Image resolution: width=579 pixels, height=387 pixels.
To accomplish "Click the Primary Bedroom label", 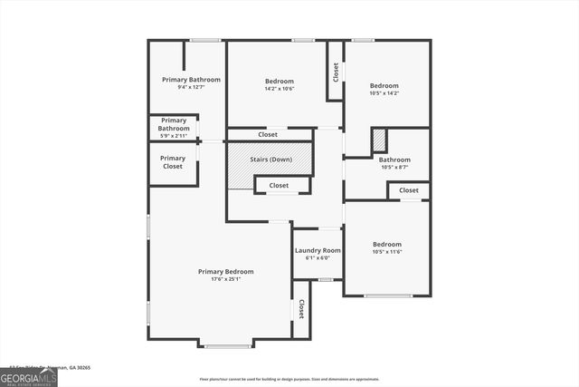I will pos(225,271).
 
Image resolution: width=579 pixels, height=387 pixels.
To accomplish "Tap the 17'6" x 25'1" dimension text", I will pos(225,279).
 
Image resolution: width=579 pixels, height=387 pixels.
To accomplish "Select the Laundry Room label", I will pos(318,250).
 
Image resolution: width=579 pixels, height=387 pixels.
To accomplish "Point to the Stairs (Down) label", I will pos(271,160).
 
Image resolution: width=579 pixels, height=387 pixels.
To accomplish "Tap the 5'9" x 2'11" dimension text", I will pos(174,137).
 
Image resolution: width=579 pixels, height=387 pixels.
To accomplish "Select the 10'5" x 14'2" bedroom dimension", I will pos(384,93).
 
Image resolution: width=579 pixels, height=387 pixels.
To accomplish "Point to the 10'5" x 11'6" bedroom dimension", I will pos(387,252).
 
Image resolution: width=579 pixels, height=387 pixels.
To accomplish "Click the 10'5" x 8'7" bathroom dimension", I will pos(394,167).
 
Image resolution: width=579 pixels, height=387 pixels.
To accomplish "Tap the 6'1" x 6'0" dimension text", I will pos(318,257).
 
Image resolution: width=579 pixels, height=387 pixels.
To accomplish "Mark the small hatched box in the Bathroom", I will pos(379,140).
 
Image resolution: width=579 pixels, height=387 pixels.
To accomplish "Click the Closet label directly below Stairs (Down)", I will pos(279,186).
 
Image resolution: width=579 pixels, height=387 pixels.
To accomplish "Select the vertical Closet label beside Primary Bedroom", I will pos(301,309).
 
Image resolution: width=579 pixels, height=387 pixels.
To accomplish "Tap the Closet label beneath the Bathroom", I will pos(409,190).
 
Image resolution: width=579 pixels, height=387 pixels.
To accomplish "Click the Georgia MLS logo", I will pos(28,377).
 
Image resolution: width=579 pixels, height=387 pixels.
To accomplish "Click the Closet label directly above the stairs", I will pos(268,135).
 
